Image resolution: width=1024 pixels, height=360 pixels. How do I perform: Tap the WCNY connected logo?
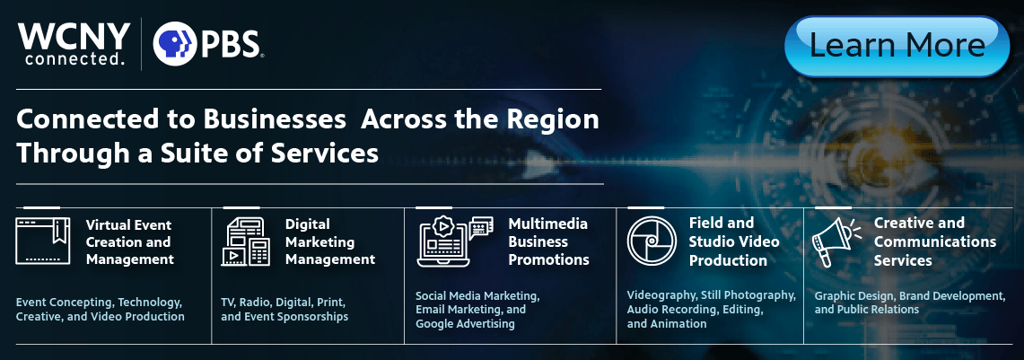pos(74,43)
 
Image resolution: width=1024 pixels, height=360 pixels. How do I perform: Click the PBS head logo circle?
pos(175,44)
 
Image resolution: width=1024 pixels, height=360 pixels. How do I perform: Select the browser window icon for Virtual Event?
pos(42,241)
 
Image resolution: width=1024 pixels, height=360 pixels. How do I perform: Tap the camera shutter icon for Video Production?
pos(651,241)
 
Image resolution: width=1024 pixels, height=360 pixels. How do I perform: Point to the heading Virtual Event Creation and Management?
pos(130,242)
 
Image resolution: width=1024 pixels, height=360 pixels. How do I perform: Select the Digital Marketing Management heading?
pos(330,241)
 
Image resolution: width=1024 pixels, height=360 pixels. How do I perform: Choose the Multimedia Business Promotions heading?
pos(548,241)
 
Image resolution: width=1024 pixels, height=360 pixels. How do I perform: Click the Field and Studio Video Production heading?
pos(734,241)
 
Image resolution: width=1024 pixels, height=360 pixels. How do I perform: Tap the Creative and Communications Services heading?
pos(935,241)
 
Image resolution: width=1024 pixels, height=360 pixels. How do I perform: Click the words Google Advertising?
pos(465,324)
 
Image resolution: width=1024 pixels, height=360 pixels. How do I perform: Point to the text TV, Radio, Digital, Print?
pos(284,303)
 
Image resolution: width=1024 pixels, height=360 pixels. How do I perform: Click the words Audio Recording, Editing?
pos(695,309)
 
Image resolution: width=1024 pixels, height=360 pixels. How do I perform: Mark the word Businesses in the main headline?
pos(275,119)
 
